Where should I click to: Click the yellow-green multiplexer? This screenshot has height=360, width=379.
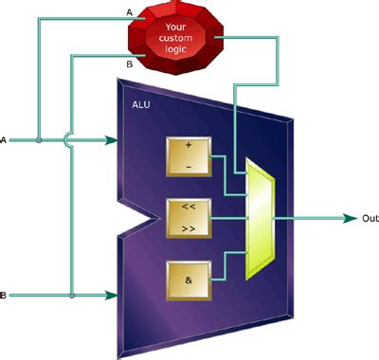tap(258, 219)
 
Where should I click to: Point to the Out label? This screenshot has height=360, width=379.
tap(370, 218)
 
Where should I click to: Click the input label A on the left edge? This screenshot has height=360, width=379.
tap(5, 141)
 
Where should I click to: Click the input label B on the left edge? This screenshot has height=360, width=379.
tap(5, 297)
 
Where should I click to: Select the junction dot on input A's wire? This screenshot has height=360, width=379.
tap(37, 141)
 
